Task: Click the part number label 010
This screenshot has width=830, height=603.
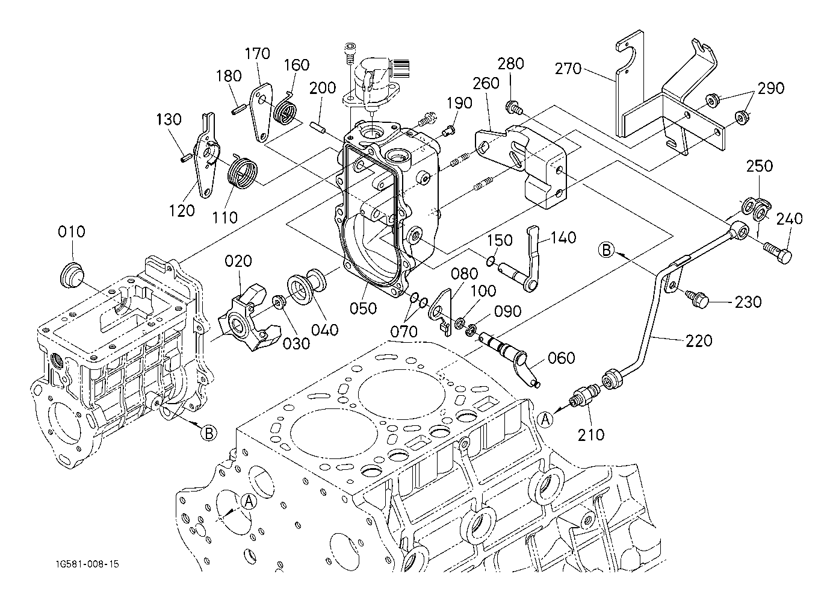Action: (x=72, y=232)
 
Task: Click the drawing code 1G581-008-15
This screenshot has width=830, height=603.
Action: (x=85, y=564)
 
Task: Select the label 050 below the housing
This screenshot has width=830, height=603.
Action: (x=364, y=308)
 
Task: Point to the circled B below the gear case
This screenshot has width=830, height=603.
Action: (x=208, y=433)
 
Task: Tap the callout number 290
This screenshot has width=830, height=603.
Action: (x=771, y=88)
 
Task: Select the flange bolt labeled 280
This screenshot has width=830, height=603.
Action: (x=513, y=107)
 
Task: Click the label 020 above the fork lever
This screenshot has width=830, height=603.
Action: (x=238, y=261)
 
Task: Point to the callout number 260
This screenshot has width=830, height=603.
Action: (x=486, y=83)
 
